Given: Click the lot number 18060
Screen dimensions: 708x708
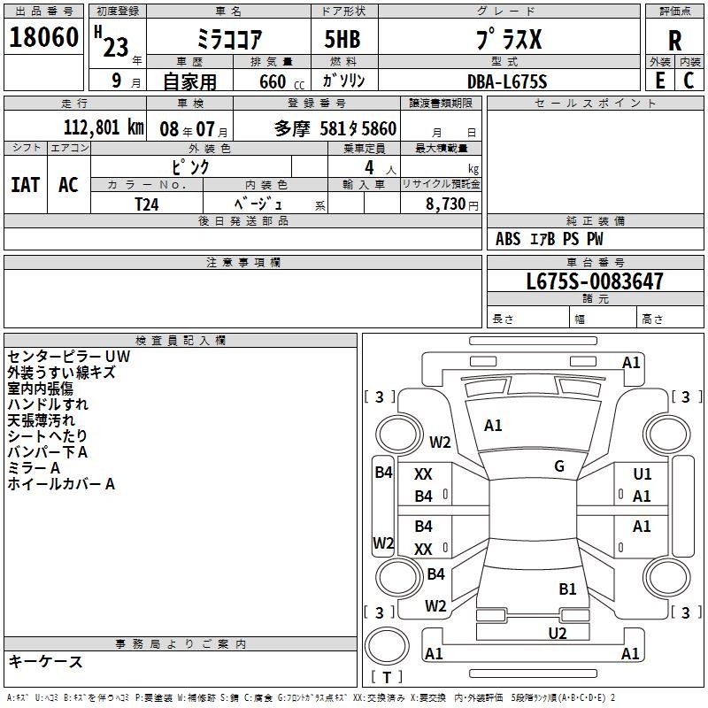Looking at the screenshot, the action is pos(43,37).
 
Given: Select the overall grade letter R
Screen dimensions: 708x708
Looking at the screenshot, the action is pos(674,41).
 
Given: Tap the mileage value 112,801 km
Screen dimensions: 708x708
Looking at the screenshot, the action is pos(104,127).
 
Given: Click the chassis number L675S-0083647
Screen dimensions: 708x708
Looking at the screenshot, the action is pos(595,281).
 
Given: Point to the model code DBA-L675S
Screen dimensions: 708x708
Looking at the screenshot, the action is pos(507,81).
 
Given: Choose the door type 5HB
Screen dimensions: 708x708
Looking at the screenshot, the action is pos(342,39).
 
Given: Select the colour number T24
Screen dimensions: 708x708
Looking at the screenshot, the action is pos(147,204).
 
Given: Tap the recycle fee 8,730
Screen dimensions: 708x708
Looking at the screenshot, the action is pos(445,204).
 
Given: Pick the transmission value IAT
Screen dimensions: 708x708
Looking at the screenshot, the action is pos(26,185).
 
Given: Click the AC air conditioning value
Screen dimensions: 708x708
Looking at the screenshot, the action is pos(68,185).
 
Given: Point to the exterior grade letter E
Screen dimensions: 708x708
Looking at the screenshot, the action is pos(660,81).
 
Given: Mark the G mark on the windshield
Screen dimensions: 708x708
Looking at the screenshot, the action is pos(559,466).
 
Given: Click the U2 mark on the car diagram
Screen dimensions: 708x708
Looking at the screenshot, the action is pos(558,633).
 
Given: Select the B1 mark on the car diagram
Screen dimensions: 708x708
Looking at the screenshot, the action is pos(567,589).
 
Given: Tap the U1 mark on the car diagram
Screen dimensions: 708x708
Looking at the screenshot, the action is pos(643,473).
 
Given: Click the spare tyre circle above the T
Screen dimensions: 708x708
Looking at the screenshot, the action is pos(387,646).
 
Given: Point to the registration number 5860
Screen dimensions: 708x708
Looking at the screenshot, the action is pos(379,128).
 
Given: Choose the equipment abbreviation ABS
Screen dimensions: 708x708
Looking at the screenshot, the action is pos(508,239).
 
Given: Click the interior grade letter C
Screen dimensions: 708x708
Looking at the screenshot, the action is pos(689,81).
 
